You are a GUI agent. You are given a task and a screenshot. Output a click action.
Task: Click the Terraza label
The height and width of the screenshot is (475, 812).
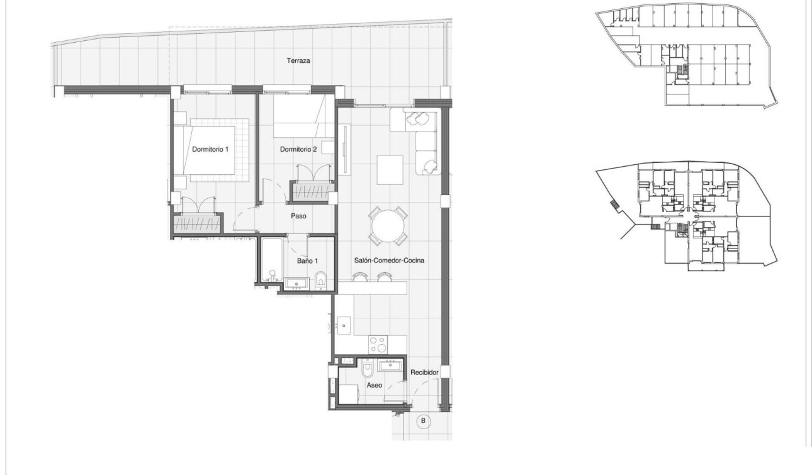click(x=299, y=61)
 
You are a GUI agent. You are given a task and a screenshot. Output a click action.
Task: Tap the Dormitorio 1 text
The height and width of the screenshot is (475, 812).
click(x=210, y=150)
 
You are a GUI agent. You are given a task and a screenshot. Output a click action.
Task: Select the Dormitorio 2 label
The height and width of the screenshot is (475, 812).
click(x=298, y=150)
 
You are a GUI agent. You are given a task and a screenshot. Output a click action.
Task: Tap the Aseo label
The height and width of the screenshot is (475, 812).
click(x=374, y=385)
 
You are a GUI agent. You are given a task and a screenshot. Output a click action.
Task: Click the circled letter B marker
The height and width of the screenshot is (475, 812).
click(x=423, y=421)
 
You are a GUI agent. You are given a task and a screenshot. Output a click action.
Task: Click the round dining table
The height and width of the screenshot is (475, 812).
click(x=387, y=225)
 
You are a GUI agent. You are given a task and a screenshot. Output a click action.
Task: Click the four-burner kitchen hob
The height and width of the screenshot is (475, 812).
click(x=378, y=345)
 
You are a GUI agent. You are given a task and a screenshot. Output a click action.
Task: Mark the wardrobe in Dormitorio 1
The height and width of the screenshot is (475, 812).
click(x=198, y=223)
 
